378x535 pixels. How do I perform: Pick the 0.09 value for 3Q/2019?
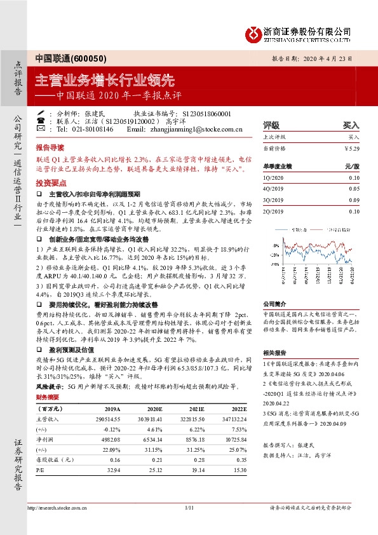pos(354,200)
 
